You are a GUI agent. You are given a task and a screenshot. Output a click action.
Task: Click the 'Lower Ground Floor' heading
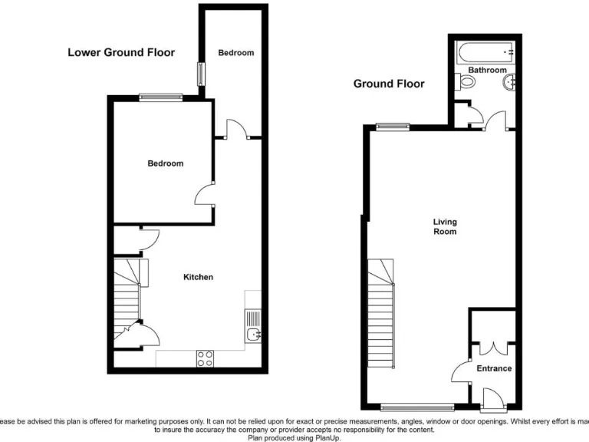tap(121, 53)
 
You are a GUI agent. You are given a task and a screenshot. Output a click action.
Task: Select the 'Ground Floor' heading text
tap(388, 84)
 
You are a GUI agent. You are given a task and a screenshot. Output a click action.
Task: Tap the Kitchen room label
tap(198, 277)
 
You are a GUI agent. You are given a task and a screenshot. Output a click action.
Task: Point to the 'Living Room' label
tap(445, 226)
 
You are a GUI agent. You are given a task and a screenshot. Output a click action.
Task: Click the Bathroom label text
tap(487, 71)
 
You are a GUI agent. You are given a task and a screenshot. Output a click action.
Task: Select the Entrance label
tap(494, 369)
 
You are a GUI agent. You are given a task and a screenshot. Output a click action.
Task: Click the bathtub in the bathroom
tap(484, 53)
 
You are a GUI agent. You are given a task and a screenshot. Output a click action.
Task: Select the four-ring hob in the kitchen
tap(206, 358)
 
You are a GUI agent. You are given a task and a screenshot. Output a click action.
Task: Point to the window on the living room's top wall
tap(392, 127)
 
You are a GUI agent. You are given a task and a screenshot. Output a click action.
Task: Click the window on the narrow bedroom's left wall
tap(201, 74)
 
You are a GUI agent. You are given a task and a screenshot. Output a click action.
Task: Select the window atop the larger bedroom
tap(160, 97)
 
